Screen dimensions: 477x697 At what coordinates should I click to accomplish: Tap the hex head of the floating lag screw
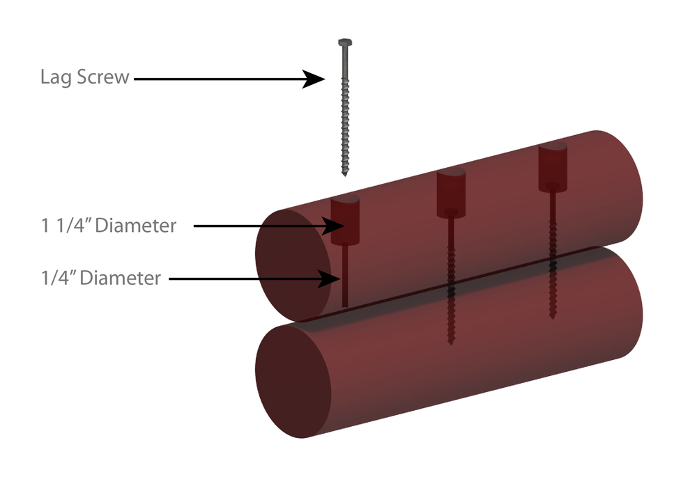[344, 44]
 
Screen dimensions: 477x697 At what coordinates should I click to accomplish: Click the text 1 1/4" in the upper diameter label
[64, 226]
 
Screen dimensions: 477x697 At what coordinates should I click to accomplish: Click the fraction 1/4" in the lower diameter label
[56, 279]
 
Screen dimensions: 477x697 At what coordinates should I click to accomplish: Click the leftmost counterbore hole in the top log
[344, 219]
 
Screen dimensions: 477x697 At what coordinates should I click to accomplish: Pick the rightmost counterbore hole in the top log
[554, 168]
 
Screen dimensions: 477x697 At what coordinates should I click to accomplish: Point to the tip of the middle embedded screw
[451, 341]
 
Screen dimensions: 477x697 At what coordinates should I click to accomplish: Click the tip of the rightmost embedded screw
[553, 316]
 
